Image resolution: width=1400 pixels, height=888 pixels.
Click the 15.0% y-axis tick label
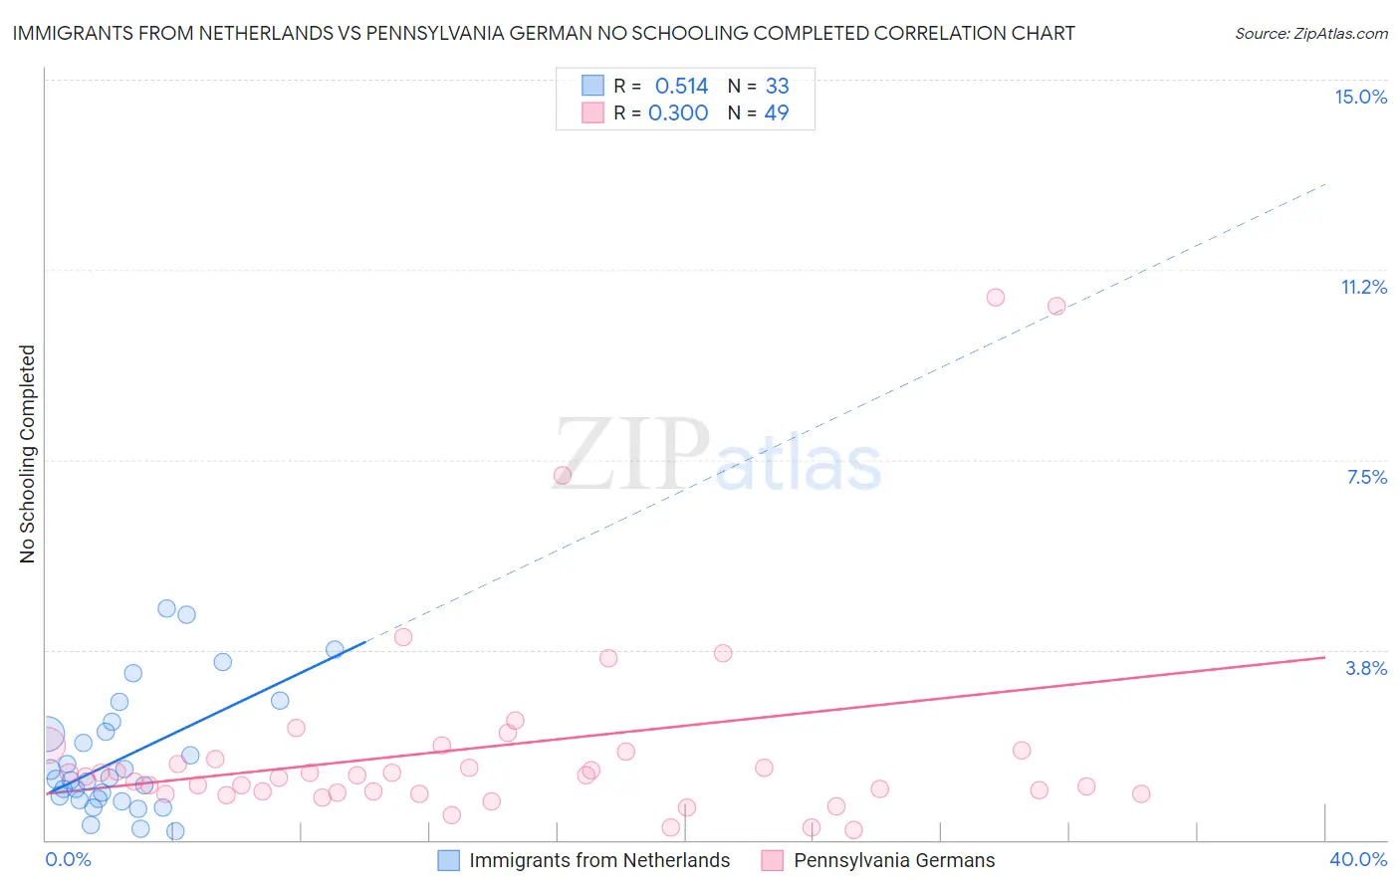1360,97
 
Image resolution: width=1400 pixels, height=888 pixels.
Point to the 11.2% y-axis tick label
1363,287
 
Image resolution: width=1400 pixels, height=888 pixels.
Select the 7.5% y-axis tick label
1366,477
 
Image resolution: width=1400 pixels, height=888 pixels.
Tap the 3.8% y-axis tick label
1366,668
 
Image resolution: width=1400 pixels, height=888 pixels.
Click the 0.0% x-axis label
68,859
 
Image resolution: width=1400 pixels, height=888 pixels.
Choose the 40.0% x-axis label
1357,859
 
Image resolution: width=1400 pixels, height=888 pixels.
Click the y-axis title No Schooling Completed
28,454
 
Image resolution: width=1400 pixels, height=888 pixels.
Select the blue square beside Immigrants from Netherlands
449,860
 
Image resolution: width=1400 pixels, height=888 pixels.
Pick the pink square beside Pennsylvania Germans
773,860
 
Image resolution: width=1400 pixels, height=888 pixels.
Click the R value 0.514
681,87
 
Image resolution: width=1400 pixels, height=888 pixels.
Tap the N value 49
777,113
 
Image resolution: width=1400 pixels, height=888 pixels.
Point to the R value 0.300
678,113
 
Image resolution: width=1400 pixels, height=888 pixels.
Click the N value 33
777,87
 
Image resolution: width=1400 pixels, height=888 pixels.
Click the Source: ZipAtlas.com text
1310,34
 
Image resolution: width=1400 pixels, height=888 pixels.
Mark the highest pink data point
995,298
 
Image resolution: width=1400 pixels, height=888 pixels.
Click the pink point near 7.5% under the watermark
562,476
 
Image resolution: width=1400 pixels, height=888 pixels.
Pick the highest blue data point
166,608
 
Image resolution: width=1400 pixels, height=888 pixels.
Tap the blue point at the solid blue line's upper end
335,649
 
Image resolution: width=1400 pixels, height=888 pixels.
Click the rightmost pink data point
1141,793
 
